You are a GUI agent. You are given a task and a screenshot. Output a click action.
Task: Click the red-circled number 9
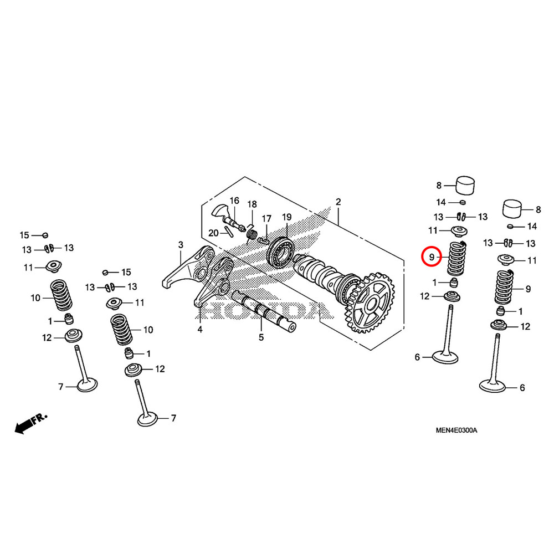(431, 257)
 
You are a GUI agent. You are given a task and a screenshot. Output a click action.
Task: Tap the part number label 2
(338, 201)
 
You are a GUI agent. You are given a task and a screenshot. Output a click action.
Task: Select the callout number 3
(180, 244)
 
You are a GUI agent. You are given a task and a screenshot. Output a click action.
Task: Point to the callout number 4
(200, 330)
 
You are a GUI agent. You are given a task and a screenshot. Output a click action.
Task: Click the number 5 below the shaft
(261, 337)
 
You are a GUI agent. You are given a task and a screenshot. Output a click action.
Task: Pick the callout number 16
(234, 201)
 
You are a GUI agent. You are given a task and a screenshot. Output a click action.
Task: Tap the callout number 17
(266, 218)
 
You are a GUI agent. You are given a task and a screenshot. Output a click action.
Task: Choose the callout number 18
(252, 204)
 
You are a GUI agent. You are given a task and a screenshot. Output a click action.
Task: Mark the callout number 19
(286, 216)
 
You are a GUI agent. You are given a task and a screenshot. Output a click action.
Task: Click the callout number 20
(213, 233)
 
